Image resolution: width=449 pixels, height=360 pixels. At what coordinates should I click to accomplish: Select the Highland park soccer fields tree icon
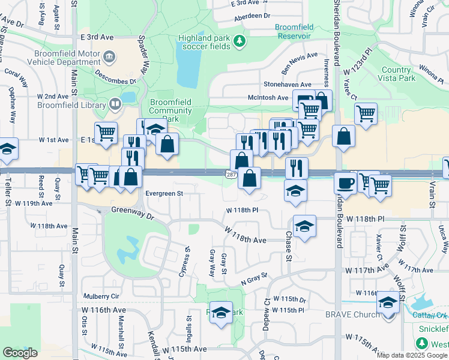pos(240,41)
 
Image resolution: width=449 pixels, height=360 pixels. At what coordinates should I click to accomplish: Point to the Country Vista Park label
pos(398,74)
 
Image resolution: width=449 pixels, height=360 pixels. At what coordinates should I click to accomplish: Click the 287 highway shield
pos(231,174)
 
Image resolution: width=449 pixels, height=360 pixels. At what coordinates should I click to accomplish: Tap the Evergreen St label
pos(164,193)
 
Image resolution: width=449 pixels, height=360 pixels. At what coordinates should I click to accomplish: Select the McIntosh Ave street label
pos(268,97)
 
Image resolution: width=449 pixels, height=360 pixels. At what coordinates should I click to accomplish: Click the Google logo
pos(20,353)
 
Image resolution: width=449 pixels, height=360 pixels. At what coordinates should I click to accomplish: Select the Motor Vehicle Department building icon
pos(109,57)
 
